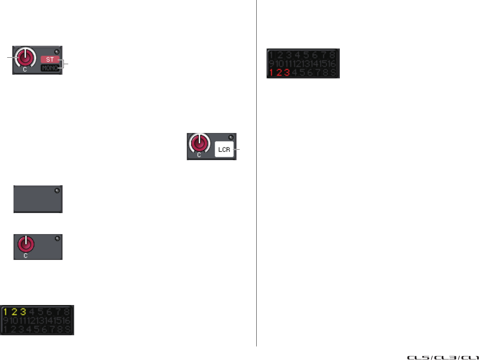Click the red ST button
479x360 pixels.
click(x=50, y=59)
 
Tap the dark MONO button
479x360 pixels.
click(x=50, y=68)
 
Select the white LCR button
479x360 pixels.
click(x=224, y=149)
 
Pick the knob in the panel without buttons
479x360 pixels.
click(x=25, y=244)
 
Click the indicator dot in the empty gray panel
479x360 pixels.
click(x=57, y=191)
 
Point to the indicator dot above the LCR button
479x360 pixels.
click(x=231, y=138)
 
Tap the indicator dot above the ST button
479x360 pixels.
click(x=57, y=52)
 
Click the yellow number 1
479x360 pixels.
click(x=6, y=311)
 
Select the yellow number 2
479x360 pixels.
click(x=14, y=311)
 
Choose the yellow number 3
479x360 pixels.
click(x=23, y=311)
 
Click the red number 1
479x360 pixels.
click(x=271, y=72)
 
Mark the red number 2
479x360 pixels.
click(x=279, y=72)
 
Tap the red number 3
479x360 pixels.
click(x=287, y=72)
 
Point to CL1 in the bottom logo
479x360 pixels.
click(x=470, y=358)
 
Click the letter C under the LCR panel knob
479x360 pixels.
click(x=199, y=155)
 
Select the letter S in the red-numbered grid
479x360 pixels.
click(x=333, y=72)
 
